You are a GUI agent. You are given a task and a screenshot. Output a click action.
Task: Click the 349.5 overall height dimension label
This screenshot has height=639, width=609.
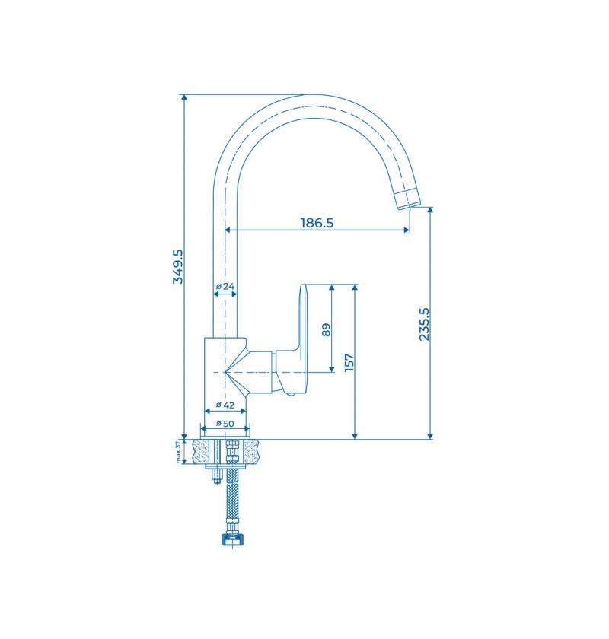tap(178, 266)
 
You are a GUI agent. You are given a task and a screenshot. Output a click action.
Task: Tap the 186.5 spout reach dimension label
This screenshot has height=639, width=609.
tap(317, 223)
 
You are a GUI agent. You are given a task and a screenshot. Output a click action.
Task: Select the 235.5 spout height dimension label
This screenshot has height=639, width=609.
tap(424, 324)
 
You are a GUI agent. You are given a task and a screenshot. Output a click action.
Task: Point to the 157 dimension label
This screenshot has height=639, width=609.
tap(349, 362)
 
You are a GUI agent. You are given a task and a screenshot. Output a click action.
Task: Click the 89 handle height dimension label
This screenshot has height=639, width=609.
tap(327, 329)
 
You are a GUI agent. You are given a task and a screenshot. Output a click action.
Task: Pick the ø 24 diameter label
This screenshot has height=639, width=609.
tap(225, 286)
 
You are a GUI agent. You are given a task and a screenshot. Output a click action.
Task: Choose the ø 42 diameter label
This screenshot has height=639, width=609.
tap(225, 405)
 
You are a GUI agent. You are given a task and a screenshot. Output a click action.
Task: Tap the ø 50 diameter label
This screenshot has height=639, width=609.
tap(225, 424)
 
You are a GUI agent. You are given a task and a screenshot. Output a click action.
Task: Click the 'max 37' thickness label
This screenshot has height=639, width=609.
tap(178, 452)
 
